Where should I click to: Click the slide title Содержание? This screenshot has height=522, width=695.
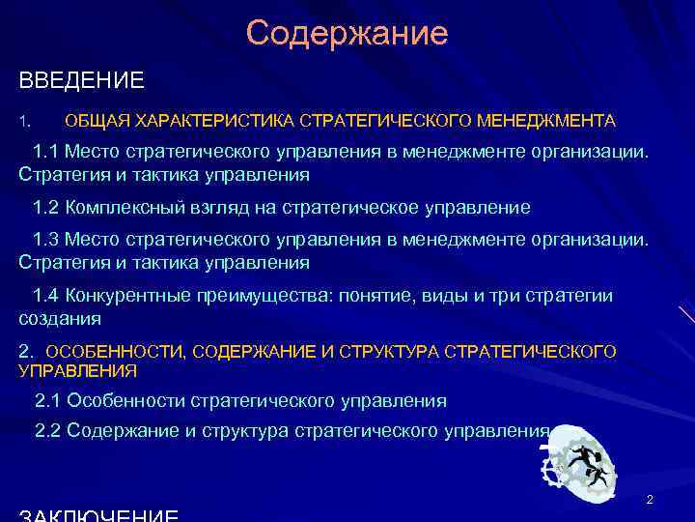pos(347,34)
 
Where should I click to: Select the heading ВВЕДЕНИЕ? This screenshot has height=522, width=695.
pos(82,80)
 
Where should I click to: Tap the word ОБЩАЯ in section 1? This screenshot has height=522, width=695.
pos(97,122)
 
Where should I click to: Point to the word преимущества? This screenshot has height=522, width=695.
pos(251,296)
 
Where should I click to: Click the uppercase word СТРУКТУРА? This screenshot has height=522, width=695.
pos(399,351)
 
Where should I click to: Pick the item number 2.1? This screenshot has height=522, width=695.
pos(47,400)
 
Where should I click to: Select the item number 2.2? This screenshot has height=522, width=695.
pos(47,431)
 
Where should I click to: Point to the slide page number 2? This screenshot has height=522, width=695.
pos(650,500)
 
